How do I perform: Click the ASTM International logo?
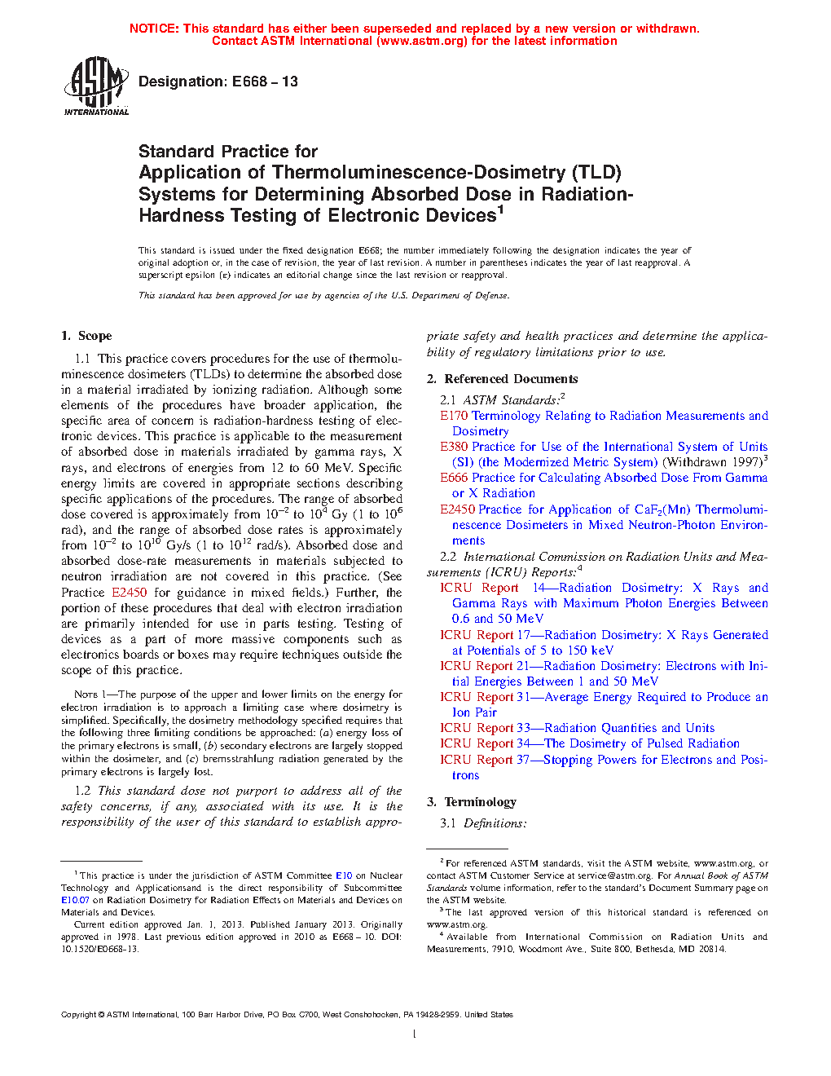pyautogui.click(x=96, y=86)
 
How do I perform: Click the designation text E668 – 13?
pyautogui.click(x=218, y=82)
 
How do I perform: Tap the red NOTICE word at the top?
pyautogui.click(x=154, y=29)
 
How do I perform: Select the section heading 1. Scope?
pyautogui.click(x=86, y=336)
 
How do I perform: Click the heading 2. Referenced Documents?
pyautogui.click(x=502, y=379)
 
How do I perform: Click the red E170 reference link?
pyautogui.click(x=454, y=416)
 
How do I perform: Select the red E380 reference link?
pyautogui.click(x=454, y=447)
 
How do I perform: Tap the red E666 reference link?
pyautogui.click(x=454, y=478)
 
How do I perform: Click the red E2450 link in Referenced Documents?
pyautogui.click(x=458, y=509)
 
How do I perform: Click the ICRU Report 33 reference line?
pyautogui.click(x=577, y=728)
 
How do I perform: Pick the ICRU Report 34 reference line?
pyautogui.click(x=589, y=743)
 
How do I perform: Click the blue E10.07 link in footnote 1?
pyautogui.click(x=75, y=900)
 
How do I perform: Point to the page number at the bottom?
pyautogui.click(x=415, y=1034)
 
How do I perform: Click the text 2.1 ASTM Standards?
pyautogui.click(x=502, y=400)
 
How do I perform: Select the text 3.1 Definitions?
pyautogui.click(x=483, y=823)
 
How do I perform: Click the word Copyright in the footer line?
pyautogui.click(x=78, y=1015)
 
